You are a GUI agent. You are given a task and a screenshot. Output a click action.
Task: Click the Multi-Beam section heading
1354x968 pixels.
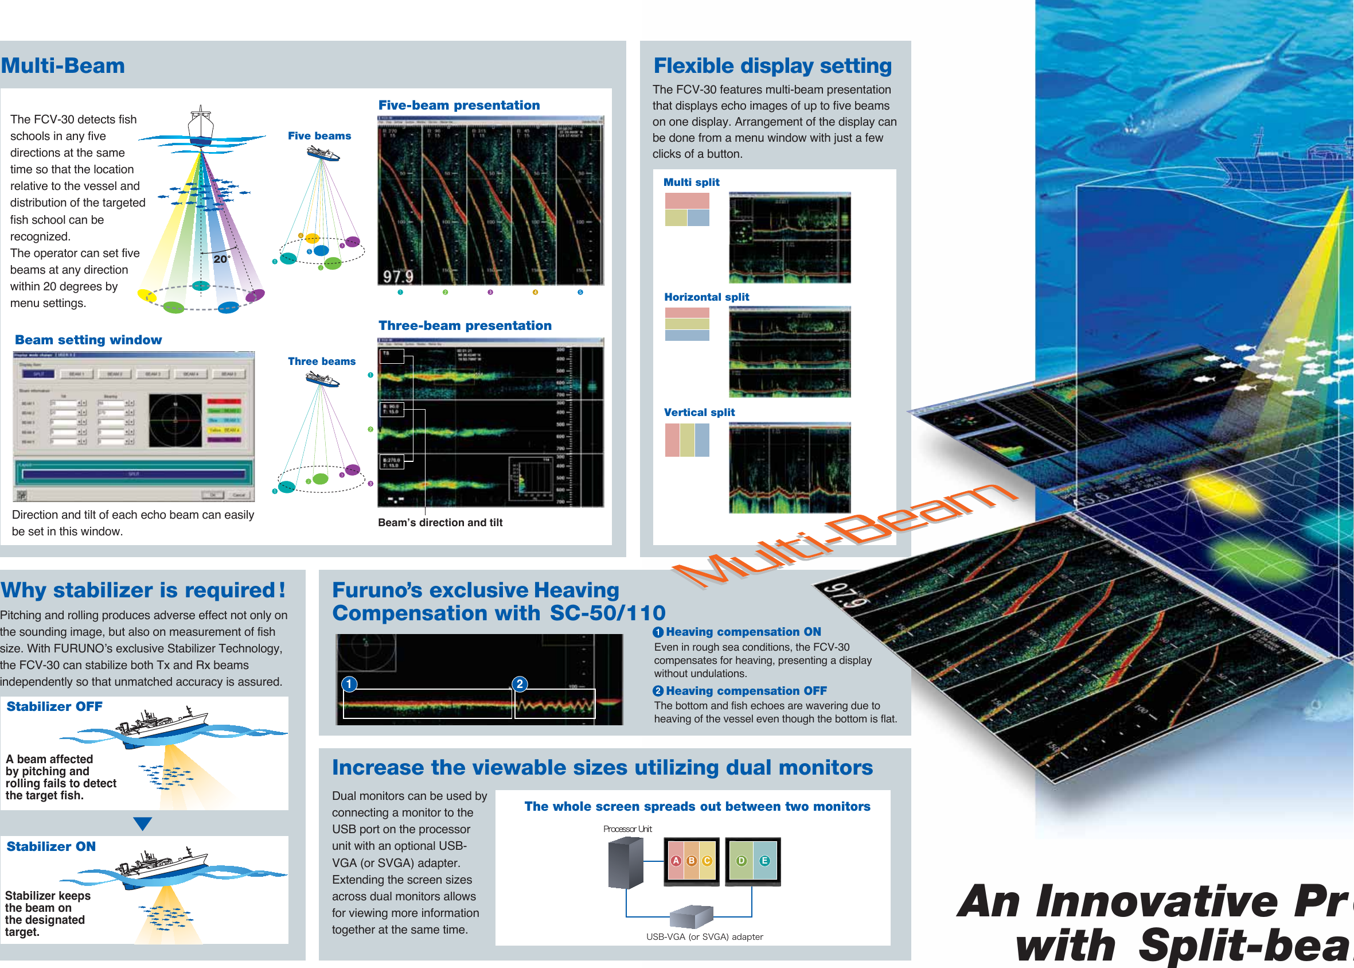coord(63,65)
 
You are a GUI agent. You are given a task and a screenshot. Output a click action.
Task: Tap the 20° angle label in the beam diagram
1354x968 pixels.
coord(221,259)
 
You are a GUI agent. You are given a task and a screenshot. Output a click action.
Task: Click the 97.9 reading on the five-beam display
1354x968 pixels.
coord(397,276)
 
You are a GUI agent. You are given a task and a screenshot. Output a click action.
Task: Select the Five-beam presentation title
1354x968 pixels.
coord(459,105)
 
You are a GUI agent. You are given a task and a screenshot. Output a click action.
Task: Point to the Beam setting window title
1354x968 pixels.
coord(88,340)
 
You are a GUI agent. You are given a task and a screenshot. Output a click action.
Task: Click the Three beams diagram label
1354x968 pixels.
coord(321,361)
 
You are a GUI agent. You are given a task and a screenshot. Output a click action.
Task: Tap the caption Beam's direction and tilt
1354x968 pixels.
coord(440,522)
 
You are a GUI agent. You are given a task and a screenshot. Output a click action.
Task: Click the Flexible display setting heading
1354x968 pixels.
coord(772,65)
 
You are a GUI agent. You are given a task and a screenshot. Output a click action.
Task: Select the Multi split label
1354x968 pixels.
coord(691,182)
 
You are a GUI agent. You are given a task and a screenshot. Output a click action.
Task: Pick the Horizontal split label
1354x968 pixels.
coord(706,297)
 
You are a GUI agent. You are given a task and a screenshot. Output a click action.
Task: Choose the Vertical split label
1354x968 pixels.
coord(699,412)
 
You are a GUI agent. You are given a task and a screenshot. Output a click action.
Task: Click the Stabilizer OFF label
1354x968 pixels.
coord(54,706)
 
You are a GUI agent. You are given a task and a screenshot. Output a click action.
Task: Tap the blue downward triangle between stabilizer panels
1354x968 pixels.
coord(142,824)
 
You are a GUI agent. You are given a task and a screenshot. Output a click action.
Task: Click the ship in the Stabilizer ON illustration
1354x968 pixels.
coord(164,864)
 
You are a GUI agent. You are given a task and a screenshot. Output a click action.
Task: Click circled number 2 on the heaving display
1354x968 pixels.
coord(520,683)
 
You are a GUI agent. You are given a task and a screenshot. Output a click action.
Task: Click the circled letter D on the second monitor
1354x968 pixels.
coord(741,861)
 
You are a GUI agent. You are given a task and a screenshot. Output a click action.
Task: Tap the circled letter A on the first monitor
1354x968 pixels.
coord(676,861)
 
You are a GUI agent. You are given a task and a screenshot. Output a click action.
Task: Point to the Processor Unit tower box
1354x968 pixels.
coord(626,862)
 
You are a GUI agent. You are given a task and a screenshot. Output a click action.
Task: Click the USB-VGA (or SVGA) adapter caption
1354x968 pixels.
coord(704,936)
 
